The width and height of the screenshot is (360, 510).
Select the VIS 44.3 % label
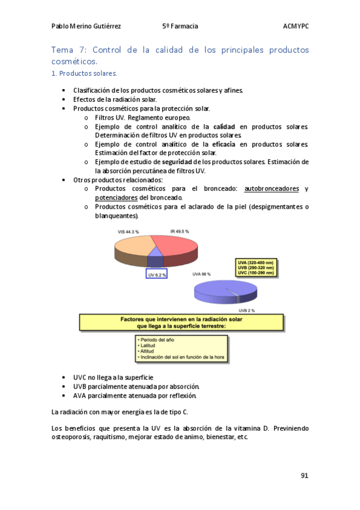(x=129, y=232)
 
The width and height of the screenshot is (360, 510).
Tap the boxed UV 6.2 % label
(x=157, y=274)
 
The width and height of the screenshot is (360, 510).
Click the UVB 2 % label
(x=245, y=310)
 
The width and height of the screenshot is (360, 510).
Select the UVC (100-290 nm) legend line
(x=255, y=273)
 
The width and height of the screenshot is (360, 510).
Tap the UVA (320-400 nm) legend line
(x=255, y=263)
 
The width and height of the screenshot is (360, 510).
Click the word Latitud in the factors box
(x=148, y=346)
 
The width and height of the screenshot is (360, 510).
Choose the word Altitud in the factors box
(x=147, y=351)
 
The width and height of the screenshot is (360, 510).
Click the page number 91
(x=304, y=476)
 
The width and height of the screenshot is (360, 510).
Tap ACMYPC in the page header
(x=296, y=26)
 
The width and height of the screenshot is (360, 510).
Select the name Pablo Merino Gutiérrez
(x=86, y=26)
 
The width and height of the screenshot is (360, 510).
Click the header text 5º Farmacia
(x=180, y=26)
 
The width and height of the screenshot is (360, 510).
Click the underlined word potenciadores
(x=116, y=198)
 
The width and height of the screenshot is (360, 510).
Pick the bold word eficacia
(x=223, y=144)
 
